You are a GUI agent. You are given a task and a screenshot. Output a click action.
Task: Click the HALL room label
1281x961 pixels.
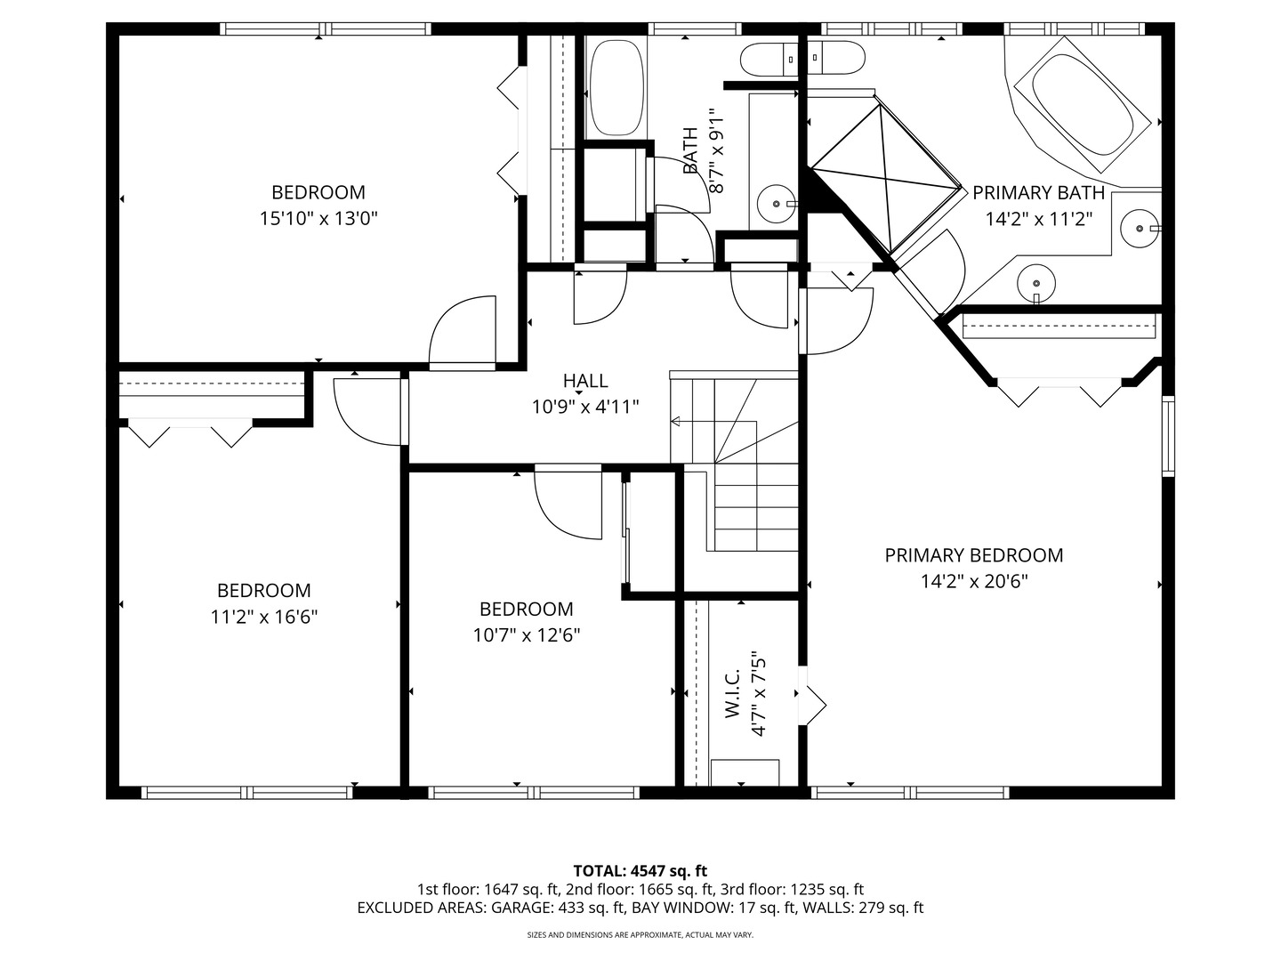pos(585,381)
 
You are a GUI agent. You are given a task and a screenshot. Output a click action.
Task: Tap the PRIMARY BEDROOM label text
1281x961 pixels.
pos(973,555)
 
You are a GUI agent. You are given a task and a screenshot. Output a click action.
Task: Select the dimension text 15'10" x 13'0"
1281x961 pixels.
pos(318,218)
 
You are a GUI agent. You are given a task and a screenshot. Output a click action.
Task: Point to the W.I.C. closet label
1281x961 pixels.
pos(732,693)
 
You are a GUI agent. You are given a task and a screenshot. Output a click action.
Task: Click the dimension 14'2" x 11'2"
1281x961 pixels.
pos(1039,219)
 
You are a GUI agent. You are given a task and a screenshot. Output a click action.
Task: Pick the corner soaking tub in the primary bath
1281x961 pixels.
pos(1082,104)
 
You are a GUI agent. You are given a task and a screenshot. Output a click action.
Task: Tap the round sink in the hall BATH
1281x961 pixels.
pos(777,204)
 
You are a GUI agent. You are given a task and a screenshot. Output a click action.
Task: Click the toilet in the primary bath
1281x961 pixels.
pos(835,58)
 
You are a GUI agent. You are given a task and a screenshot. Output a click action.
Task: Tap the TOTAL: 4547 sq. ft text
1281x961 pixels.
pos(640,871)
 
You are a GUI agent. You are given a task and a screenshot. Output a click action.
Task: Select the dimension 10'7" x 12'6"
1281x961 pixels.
pos(527,634)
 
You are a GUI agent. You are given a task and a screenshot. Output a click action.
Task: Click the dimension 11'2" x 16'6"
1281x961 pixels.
pos(264,616)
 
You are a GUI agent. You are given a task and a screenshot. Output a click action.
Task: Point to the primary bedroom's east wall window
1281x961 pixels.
pos(1168,436)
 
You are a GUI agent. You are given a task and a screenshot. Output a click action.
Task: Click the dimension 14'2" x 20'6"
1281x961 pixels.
pos(974,581)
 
